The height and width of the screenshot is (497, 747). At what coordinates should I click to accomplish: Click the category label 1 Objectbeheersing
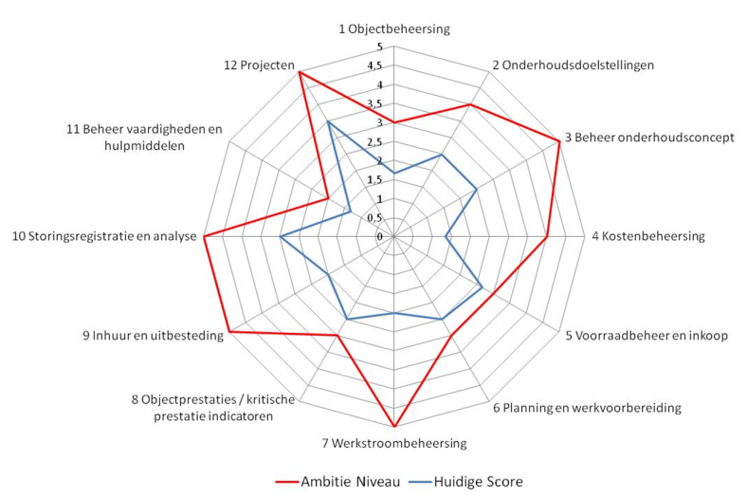click(x=394, y=29)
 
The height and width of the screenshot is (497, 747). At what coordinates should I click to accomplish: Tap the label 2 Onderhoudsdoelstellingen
click(x=573, y=65)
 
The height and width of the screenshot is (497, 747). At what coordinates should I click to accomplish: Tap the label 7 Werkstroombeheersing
click(x=394, y=443)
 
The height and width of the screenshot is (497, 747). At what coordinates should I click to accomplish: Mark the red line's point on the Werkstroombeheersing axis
click(x=394, y=426)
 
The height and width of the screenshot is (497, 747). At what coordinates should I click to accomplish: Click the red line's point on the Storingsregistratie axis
click(x=205, y=236)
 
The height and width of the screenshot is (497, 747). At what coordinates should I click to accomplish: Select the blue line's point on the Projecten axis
click(x=328, y=122)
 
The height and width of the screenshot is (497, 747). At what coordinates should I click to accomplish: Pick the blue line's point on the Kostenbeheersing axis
click(x=446, y=236)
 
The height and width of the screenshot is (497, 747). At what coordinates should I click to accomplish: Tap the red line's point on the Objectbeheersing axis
click(x=394, y=122)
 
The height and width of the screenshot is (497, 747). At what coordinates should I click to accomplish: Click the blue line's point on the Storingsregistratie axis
click(x=281, y=236)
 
